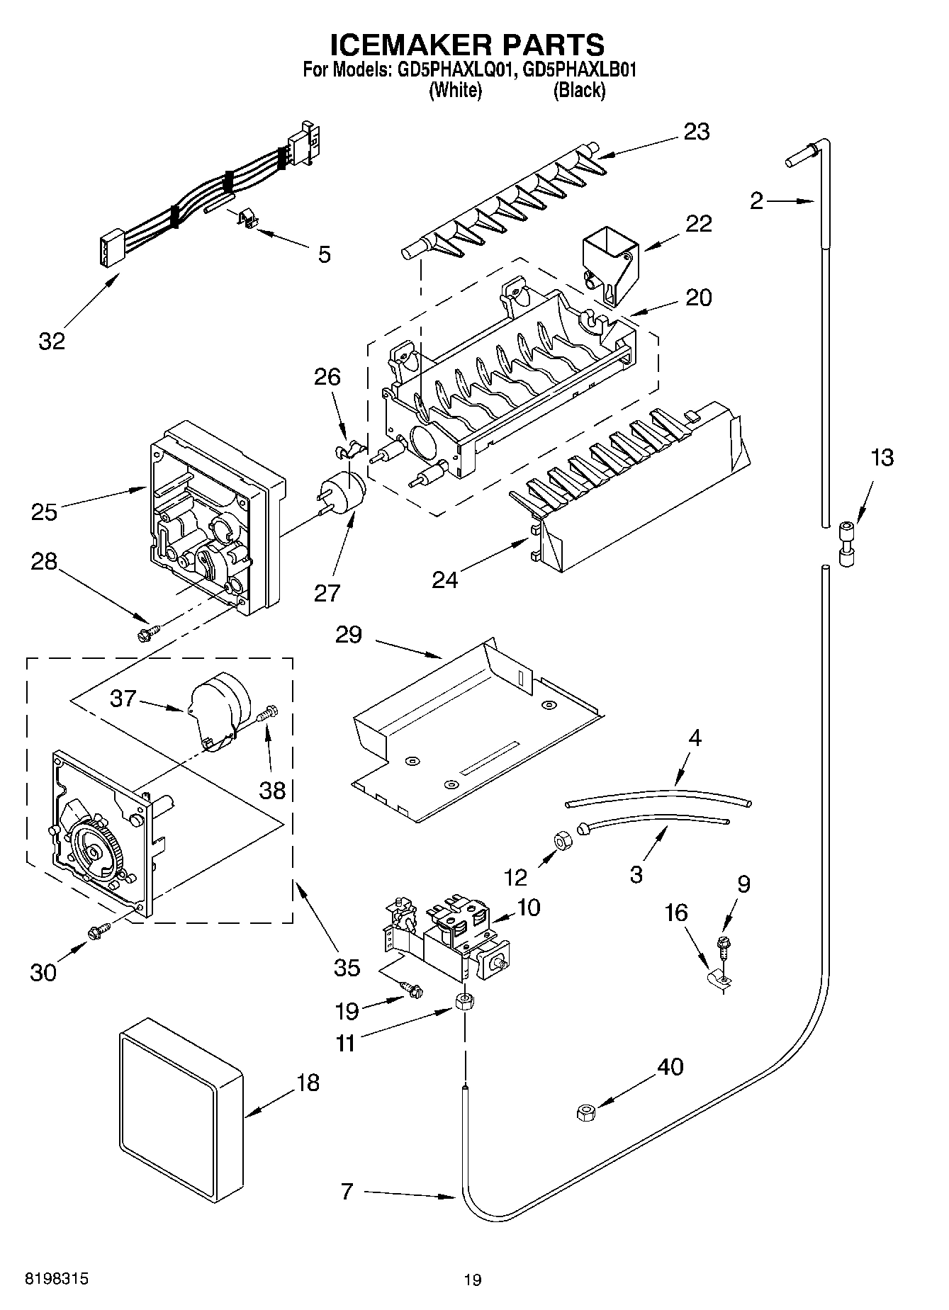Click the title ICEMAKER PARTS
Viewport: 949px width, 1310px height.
coord(468,44)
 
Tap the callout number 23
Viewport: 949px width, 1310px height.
coord(696,132)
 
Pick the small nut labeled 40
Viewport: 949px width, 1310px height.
coord(586,1113)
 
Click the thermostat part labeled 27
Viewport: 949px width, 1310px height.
coord(343,491)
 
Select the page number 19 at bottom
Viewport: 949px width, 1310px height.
coord(473,1280)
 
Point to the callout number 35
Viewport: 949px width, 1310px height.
coord(347,967)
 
